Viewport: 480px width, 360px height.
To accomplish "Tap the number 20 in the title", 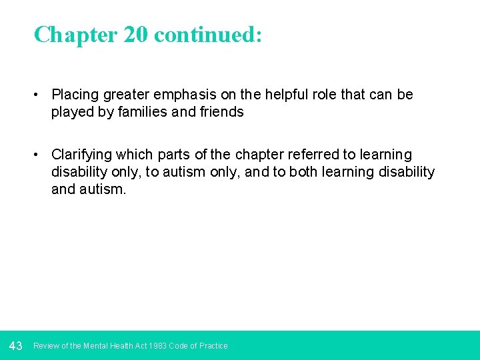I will tap(135, 35).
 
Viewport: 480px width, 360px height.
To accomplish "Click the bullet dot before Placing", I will tap(39, 95).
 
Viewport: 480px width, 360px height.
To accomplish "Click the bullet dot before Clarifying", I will tap(39, 155).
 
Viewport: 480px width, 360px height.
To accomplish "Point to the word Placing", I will tap(74, 95).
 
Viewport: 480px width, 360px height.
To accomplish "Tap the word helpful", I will tap(281, 95).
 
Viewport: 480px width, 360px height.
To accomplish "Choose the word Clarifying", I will tap(81, 155).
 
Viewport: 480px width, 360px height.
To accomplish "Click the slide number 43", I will tap(16, 345).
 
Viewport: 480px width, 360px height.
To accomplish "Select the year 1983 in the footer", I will tap(159, 346).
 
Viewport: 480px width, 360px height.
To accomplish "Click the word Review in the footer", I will tap(46, 346).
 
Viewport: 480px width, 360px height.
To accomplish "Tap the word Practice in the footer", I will tap(213, 346).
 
